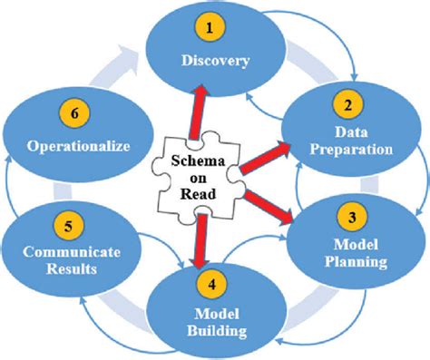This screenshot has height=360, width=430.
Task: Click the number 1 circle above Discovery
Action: [x=211, y=29]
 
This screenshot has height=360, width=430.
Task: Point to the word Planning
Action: [x=356, y=263]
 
